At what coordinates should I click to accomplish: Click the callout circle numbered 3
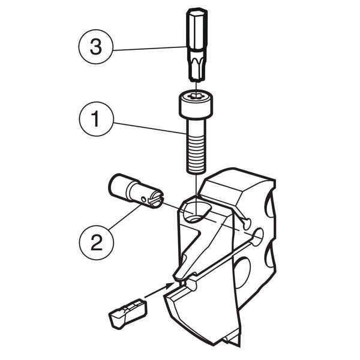(x=96, y=47)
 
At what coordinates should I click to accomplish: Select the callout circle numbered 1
(x=96, y=119)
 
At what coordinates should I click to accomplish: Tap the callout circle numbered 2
(x=97, y=242)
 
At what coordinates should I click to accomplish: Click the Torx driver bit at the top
(x=197, y=45)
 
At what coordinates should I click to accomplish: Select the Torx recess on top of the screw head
(x=196, y=96)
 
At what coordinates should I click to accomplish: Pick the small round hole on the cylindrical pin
(x=143, y=199)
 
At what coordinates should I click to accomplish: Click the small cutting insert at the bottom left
(x=128, y=313)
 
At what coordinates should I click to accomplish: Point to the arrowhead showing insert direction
(x=169, y=286)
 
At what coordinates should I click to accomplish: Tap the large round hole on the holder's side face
(x=242, y=273)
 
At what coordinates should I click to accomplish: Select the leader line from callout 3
(x=149, y=49)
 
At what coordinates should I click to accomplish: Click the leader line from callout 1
(x=149, y=128)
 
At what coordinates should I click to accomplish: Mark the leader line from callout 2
(x=125, y=217)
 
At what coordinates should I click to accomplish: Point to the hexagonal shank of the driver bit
(x=197, y=29)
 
